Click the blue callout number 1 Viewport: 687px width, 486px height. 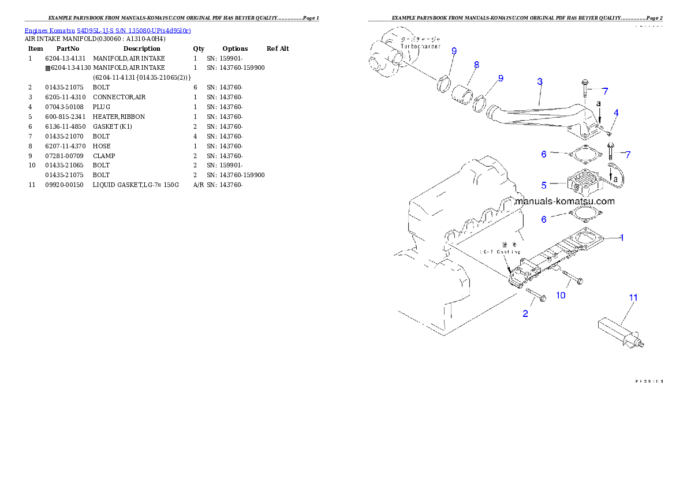pyautogui.click(x=621, y=237)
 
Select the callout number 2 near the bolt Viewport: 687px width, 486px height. pyautogui.click(x=525, y=314)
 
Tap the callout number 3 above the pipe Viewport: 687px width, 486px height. pyautogui.click(x=539, y=82)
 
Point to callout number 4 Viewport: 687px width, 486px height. pyautogui.click(x=616, y=113)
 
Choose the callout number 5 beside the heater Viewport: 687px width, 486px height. pyautogui.click(x=544, y=185)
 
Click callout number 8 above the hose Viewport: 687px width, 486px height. pyautogui.click(x=476, y=65)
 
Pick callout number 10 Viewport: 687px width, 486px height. pyautogui.click(x=561, y=295)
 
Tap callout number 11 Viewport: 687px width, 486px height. pyautogui.click(x=633, y=297)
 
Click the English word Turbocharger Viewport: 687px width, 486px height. pyautogui.click(x=416, y=46)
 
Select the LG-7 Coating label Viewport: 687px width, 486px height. pyautogui.click(x=500, y=252)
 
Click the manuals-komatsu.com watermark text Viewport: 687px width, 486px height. pyautogui.click(x=564, y=201)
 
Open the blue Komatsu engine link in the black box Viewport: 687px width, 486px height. pyautogui.click(x=107, y=30)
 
